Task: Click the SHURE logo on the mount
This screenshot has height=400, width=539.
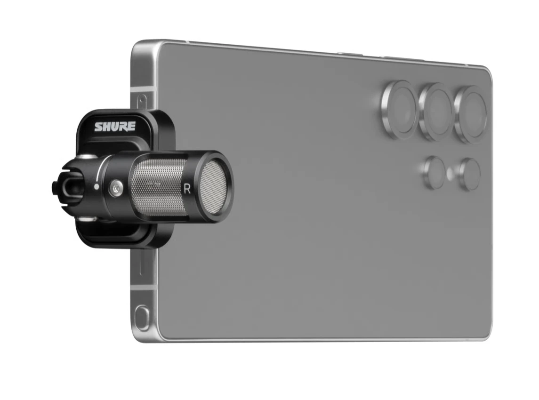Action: (115, 127)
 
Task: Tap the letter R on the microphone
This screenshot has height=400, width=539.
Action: (187, 189)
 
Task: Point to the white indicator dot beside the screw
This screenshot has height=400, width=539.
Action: (97, 187)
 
